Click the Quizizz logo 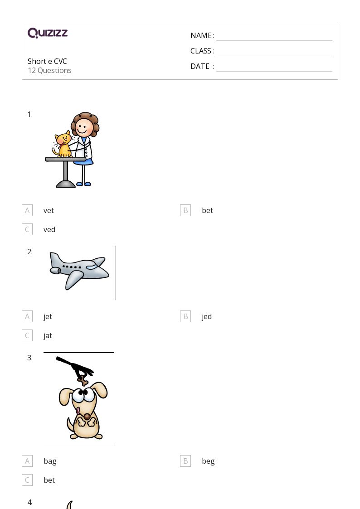pos(48,33)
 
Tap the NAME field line pos(274,41)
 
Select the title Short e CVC pos(47,61)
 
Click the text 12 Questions pos(49,70)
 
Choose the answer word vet pos(49,210)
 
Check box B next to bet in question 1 pos(185,210)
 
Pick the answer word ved pos(49,229)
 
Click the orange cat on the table pos(63,145)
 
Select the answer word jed pos(206,316)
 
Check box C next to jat pos(27,335)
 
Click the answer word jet pos(48,316)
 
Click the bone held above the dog pos(83,380)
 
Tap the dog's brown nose pos(87,417)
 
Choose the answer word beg pos(208,461)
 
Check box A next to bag pos(27,461)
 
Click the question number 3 pos(30,358)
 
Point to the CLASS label pos(202,51)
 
